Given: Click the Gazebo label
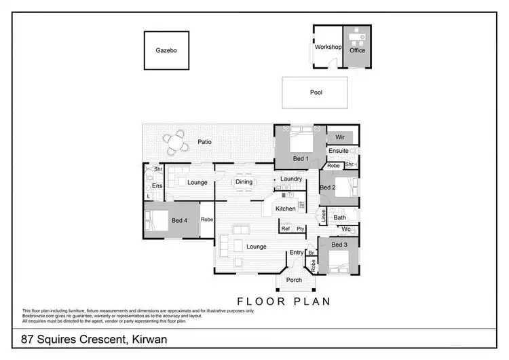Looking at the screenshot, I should pos(166,50).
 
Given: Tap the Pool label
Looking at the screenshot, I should pos(316,92).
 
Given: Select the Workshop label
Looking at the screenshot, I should pos(326,47).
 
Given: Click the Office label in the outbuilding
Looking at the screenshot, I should pos(357,50).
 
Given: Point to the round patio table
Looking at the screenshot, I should pos(176,143).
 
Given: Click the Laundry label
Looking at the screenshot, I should pos(290,179).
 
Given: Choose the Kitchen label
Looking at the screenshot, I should pos(285,209).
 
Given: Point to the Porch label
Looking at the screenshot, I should pos(294,280).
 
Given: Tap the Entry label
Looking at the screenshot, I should pos(296,252).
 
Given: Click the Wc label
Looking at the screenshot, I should pos(345,229).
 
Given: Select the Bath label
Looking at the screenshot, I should pos(339,217).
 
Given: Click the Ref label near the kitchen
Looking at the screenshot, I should pos(285,229).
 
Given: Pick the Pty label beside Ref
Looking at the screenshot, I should pos(299,229).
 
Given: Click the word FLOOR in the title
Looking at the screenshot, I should pos(259,300).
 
